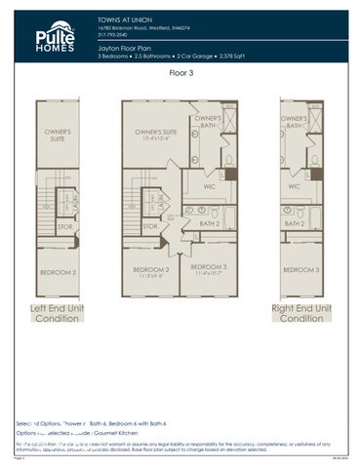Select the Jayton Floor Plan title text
(x=124, y=46)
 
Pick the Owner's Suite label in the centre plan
(x=155, y=131)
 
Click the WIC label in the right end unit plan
(x=294, y=184)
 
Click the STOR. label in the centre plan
(x=150, y=226)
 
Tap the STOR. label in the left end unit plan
(x=64, y=226)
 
